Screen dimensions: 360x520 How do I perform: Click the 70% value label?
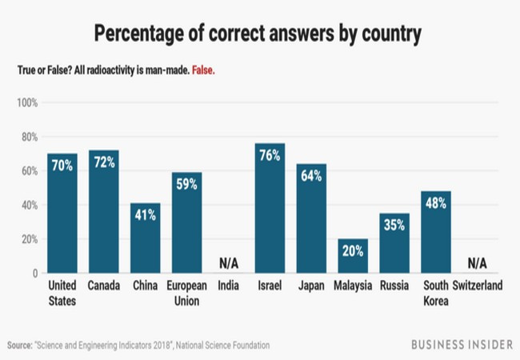pyautogui.click(x=62, y=166)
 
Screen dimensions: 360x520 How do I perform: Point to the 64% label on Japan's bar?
pyautogui.click(x=310, y=176)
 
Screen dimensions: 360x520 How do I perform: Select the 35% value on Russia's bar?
pyautogui.click(x=394, y=226)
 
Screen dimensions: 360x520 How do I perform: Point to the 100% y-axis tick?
pyautogui.click(x=27, y=103)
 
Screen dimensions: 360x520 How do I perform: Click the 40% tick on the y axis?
pyautogui.click(x=29, y=206)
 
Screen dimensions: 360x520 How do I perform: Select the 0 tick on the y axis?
pyautogui.click(x=34, y=274)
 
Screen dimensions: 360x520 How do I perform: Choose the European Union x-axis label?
pyautogui.click(x=187, y=294)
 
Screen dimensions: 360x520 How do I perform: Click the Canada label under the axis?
pyautogui.click(x=104, y=286)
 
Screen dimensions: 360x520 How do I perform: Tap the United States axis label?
pyautogui.click(x=62, y=294)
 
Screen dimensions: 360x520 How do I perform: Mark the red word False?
pyautogui.click(x=202, y=70)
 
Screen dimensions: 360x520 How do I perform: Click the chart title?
pyautogui.click(x=260, y=34)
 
